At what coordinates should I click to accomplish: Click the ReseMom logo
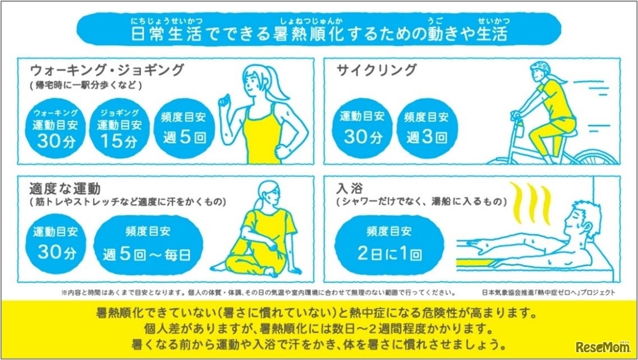pos(602,347)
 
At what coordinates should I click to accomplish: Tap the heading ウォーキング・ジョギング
pos(107,70)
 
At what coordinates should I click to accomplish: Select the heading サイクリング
pos(377,70)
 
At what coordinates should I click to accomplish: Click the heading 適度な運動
pos(65,189)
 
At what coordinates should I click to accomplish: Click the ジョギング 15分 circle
pos(119,128)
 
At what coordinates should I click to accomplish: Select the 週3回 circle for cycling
pos(427,128)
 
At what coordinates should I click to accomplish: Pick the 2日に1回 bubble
pos(389,245)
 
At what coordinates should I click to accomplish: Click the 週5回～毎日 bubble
pos(148,245)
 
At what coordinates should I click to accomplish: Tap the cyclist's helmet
pos(540,67)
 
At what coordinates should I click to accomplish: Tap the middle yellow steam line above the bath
pos(533,202)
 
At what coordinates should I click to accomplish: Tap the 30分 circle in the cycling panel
pos(362,128)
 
